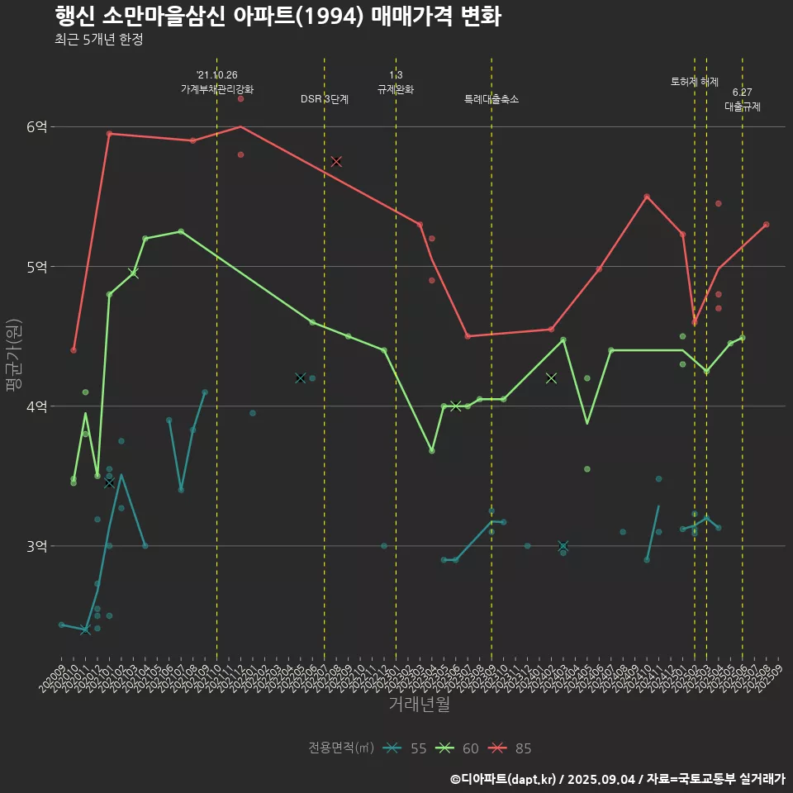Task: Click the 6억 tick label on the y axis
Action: coord(36,126)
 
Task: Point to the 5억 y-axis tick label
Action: coord(36,266)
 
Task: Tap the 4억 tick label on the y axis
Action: coord(36,406)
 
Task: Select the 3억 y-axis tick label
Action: coord(36,545)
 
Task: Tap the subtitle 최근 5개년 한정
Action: coord(99,39)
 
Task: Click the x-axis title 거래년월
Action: coord(420,704)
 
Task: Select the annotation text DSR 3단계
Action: coord(325,99)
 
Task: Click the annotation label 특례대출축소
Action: coord(491,99)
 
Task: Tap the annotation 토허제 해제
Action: coord(695,82)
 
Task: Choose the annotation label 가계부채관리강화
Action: coord(217,88)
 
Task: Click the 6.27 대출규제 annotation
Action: coord(743,99)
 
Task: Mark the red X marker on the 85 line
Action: coord(336,161)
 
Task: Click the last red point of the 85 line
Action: coord(767,224)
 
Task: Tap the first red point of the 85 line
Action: coord(74,350)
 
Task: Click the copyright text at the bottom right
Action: coord(617,778)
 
